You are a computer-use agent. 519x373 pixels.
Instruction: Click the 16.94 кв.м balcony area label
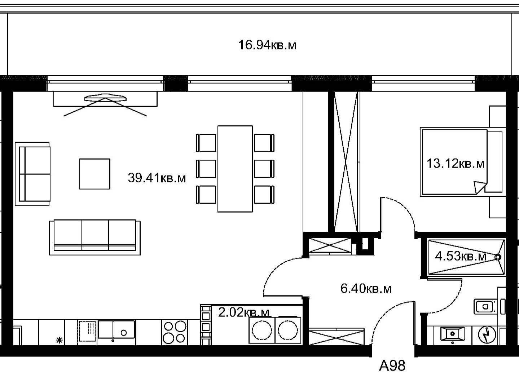click(267, 45)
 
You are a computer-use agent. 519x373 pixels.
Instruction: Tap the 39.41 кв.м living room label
click(157, 178)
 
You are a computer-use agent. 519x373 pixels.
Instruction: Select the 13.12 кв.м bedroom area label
click(456, 164)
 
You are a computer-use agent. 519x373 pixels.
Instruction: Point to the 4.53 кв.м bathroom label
click(460, 256)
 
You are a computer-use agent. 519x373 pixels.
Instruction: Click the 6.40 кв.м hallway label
click(366, 289)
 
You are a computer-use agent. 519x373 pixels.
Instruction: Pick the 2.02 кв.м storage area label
click(244, 312)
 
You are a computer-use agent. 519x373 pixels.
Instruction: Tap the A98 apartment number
click(392, 366)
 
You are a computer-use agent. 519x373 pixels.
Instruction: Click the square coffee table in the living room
click(95, 174)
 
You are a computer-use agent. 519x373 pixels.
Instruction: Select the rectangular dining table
click(235, 169)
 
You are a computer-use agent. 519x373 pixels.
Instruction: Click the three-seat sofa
click(95, 237)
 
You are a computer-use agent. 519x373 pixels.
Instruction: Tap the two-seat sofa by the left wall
click(32, 174)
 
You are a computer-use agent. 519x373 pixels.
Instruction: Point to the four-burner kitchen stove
click(175, 332)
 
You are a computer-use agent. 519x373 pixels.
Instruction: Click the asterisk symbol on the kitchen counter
click(60, 340)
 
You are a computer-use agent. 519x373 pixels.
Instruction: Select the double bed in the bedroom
click(463, 161)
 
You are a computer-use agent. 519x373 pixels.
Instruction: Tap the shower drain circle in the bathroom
click(498, 257)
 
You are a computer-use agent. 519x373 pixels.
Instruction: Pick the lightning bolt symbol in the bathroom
click(487, 335)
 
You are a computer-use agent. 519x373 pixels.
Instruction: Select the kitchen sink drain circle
click(124, 333)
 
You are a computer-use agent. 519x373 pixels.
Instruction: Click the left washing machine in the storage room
click(262, 330)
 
